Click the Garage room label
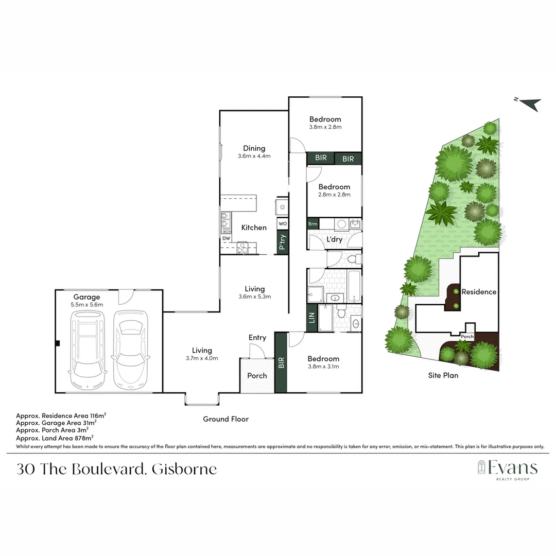(x=86, y=297)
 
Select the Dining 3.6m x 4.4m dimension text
(x=254, y=156)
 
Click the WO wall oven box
(x=282, y=224)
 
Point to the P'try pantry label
(x=282, y=242)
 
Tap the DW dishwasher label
(x=227, y=238)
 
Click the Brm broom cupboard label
(x=312, y=224)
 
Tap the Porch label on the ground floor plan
(x=257, y=376)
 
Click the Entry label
(x=257, y=338)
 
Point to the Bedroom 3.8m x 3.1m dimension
(x=323, y=367)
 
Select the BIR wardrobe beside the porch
(x=281, y=362)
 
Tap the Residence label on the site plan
(x=479, y=292)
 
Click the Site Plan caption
(x=443, y=375)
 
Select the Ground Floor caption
(x=225, y=419)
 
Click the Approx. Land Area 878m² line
(x=55, y=438)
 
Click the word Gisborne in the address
(x=185, y=470)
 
